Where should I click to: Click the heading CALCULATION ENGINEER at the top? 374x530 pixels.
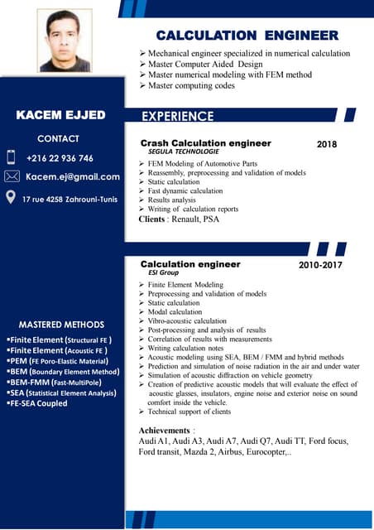(247, 36)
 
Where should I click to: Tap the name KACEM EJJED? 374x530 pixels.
(61, 115)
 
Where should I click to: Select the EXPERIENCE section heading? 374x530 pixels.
(178, 116)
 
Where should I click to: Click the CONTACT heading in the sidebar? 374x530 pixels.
(59, 138)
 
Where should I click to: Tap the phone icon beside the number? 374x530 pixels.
(12, 157)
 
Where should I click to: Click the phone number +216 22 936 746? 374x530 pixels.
(60, 158)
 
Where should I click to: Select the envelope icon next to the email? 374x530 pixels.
(12, 176)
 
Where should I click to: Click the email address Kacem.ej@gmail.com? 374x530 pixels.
(73, 176)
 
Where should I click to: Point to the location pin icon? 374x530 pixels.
(11, 197)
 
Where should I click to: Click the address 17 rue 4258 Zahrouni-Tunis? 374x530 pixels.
(70, 199)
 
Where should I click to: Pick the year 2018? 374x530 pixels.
(327, 144)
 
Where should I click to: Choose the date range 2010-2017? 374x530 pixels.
(320, 266)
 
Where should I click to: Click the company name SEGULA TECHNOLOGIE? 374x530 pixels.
(183, 152)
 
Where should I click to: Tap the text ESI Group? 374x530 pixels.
(163, 272)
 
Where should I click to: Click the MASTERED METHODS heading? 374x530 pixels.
(61, 325)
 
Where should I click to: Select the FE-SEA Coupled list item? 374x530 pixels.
(39, 403)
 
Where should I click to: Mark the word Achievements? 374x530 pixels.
(165, 431)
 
